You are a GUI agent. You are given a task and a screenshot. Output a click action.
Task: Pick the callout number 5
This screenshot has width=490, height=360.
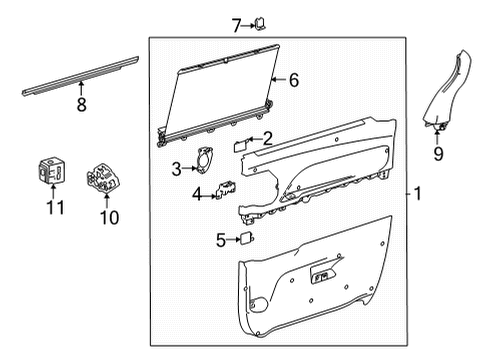pos(221,240)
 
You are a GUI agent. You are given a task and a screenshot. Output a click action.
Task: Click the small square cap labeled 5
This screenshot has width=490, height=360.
pos(245,238)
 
